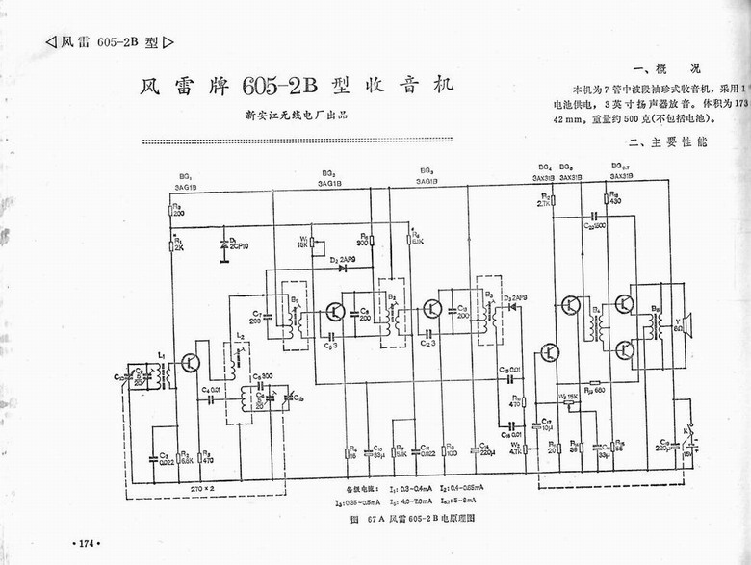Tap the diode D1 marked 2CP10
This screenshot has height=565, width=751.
[224, 244]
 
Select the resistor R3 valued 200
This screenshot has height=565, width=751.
[170, 209]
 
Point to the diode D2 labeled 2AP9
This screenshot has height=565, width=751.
[342, 268]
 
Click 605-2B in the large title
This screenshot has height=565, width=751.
[278, 86]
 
